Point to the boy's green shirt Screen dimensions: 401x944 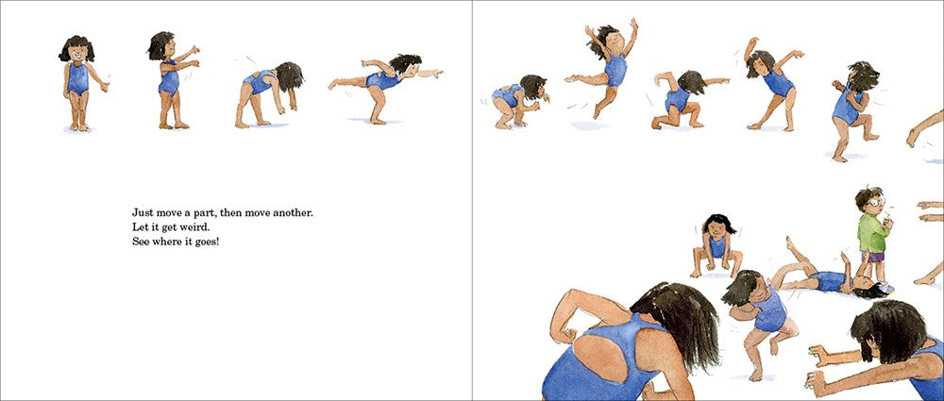pyautogui.click(x=870, y=232)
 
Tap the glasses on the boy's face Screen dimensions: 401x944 pyautogui.click(x=876, y=201)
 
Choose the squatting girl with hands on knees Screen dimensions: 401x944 pyautogui.click(x=716, y=245)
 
